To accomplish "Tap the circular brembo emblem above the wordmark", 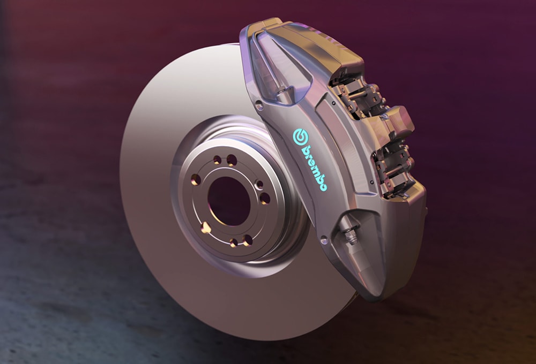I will (299, 136).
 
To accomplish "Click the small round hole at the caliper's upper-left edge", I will (260, 106).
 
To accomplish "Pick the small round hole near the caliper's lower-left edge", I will (323, 241).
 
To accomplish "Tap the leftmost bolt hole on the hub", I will (196, 179).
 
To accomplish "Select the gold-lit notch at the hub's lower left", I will (205, 228).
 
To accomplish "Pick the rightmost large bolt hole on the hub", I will (265, 199).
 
